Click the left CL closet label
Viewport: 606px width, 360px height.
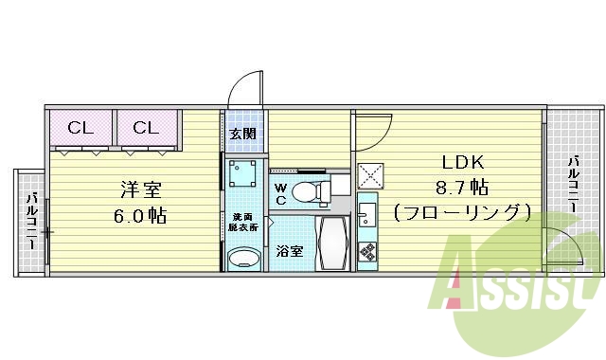point(80,128)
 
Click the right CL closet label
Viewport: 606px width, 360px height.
point(145,128)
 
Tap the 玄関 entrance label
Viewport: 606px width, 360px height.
point(241,134)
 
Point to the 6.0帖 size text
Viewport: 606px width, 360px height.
point(139,215)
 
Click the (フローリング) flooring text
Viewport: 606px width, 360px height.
point(461,211)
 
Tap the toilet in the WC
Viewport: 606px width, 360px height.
point(308,192)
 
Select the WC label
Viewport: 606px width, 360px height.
point(281,193)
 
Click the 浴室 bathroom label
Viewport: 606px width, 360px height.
point(290,252)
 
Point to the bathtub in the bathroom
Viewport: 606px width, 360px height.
point(331,243)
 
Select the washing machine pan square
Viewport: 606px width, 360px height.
point(245,174)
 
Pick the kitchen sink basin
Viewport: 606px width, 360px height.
point(367,210)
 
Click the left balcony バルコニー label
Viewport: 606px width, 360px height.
point(31,220)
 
